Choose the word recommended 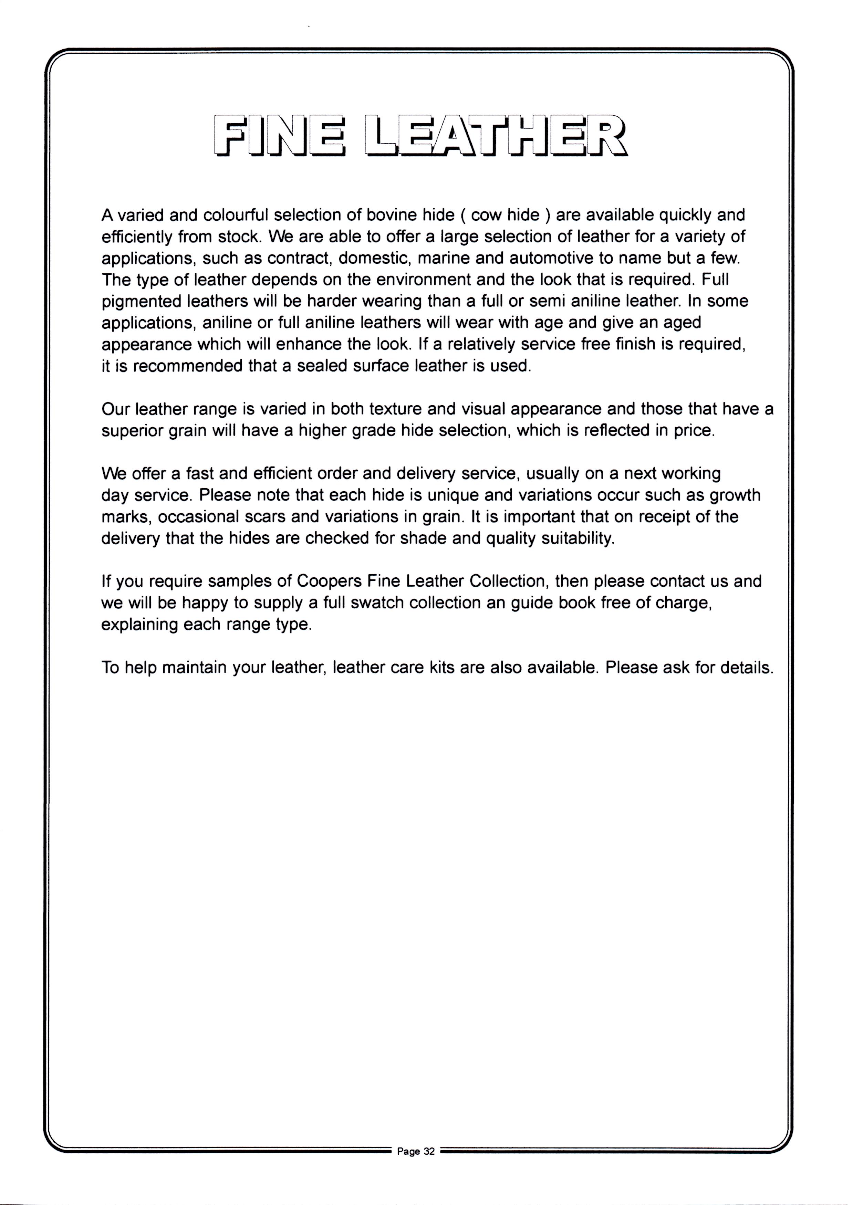tap(189, 366)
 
